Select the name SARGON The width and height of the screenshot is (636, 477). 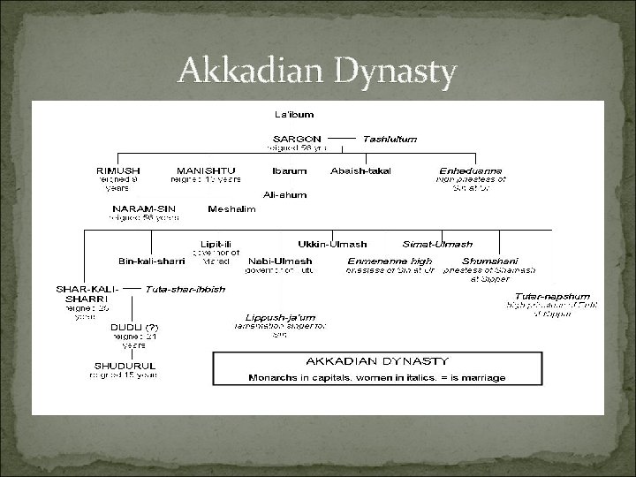point(297,139)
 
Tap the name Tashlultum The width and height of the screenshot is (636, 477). point(390,139)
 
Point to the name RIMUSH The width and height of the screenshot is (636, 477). point(117,170)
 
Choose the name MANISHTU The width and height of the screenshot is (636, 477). point(205,170)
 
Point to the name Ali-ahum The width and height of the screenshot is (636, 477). point(284,194)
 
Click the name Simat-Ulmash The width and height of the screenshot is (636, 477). point(437,244)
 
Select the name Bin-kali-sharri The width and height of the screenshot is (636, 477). point(152,261)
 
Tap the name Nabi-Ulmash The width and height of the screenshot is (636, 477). point(280,261)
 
